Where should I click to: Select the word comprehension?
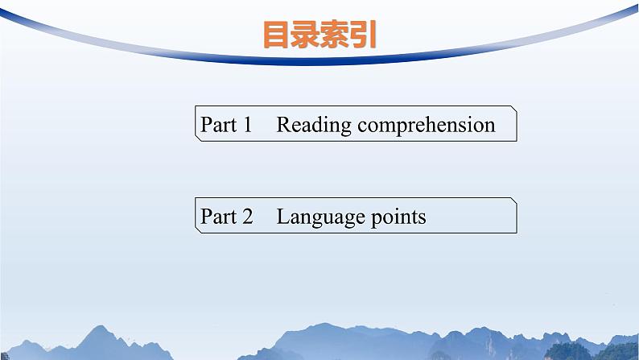427,126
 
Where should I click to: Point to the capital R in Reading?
283,125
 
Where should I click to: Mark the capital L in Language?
282,217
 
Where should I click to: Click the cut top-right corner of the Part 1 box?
513,109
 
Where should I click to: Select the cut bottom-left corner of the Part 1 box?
198,139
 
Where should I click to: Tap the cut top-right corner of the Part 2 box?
513,201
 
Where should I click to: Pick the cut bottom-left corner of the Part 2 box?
198,230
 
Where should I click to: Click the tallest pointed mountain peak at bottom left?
101,328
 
